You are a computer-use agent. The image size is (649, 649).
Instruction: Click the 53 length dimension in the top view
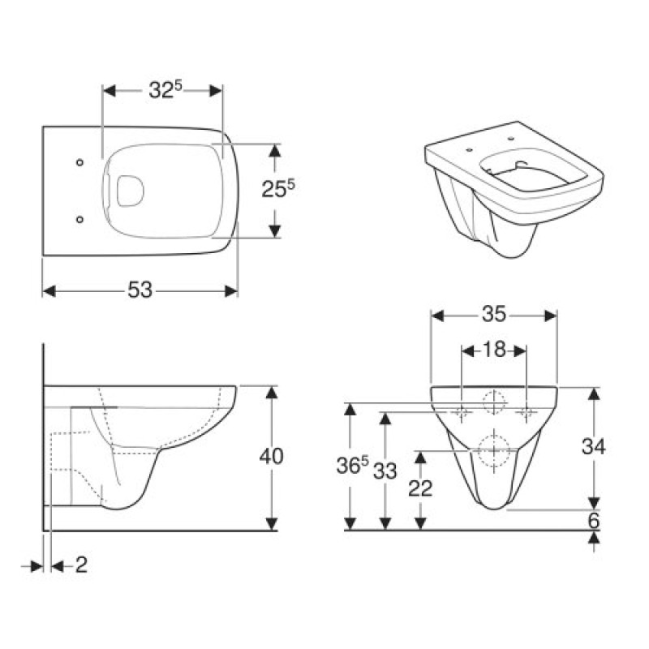(x=140, y=290)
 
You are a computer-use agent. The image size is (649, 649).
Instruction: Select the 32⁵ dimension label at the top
(x=163, y=91)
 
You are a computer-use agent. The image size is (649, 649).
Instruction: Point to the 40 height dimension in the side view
(x=271, y=457)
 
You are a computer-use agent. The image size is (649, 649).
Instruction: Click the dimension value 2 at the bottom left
(x=80, y=565)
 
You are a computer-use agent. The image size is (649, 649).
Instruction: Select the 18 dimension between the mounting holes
(x=494, y=350)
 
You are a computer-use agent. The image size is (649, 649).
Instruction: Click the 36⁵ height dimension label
(x=353, y=466)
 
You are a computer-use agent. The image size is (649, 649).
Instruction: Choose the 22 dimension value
(x=421, y=488)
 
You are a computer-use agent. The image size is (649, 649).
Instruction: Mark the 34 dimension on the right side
(x=594, y=445)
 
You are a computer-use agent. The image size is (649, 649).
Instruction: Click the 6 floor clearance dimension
(x=594, y=521)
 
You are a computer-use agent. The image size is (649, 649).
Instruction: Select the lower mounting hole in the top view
(x=80, y=218)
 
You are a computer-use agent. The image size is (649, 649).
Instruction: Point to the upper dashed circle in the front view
(x=494, y=402)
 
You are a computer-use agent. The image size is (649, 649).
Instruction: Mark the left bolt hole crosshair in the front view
(x=462, y=413)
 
